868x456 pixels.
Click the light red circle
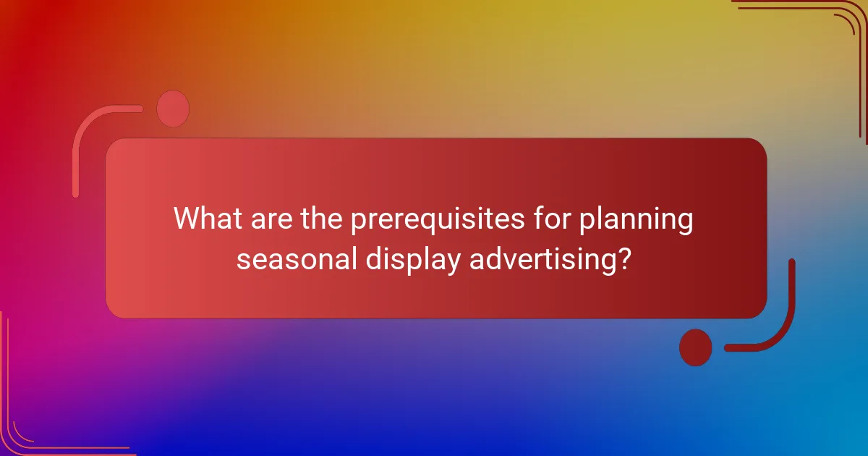click(173, 109)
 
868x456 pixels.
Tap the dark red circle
click(695, 347)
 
